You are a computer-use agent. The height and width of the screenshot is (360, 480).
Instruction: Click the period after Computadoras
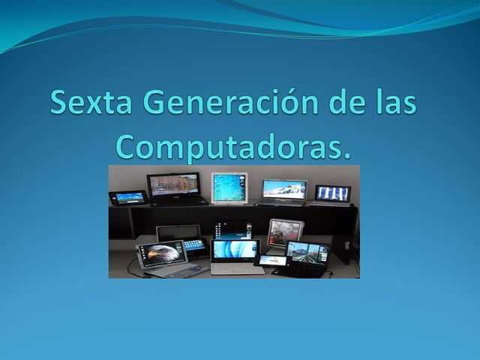[346, 155]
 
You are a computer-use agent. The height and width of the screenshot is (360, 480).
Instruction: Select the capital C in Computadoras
[128, 145]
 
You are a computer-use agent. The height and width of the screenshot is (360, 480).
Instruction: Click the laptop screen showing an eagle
[160, 253]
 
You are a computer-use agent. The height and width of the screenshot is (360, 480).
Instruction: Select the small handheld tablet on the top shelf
[129, 196]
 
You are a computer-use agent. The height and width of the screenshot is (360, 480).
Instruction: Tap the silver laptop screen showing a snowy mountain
[284, 189]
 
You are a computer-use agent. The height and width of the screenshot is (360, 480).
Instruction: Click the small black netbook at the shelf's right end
[332, 193]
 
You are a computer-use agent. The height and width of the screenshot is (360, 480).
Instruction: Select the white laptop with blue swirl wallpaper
[235, 250]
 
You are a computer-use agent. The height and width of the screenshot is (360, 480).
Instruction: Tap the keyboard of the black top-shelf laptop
[178, 201]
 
